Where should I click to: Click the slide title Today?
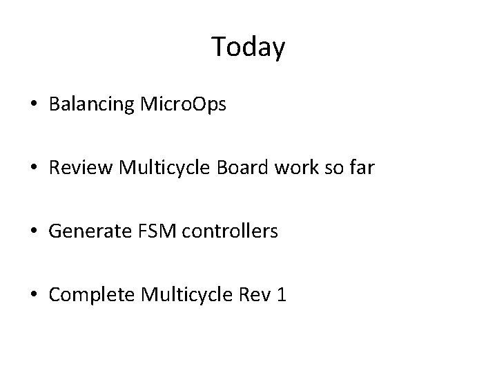248,47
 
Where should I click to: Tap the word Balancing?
92,106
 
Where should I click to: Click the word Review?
77,169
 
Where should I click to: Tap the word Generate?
87,232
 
